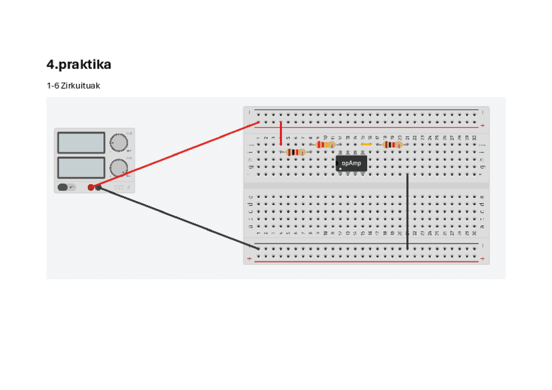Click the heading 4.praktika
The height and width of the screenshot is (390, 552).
tap(79, 65)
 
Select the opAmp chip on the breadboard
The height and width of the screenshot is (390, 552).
tap(352, 163)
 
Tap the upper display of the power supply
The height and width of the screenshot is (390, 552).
tap(81, 143)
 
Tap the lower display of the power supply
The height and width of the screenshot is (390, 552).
tap(81, 167)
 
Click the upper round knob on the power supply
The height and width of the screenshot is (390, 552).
tap(118, 142)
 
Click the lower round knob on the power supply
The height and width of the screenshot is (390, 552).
tap(118, 168)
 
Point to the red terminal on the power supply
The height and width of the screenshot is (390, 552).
tap(91, 188)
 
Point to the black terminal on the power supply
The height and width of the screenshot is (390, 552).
tap(99, 188)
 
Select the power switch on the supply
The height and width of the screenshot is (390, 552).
tap(63, 188)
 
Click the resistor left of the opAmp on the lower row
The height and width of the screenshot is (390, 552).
tap(296, 152)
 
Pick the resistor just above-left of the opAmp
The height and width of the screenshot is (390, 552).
tap(326, 145)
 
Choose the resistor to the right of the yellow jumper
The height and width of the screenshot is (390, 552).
tap(393, 145)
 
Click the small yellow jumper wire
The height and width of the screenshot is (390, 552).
tap(366, 145)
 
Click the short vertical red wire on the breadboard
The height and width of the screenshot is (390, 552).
tap(281, 133)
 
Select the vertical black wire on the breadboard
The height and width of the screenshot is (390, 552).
tap(407, 212)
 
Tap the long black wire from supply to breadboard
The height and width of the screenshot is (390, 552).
tap(176, 218)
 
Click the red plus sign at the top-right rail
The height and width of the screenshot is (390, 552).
tap(482, 126)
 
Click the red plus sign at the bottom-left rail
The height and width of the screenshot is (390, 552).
tap(249, 259)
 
